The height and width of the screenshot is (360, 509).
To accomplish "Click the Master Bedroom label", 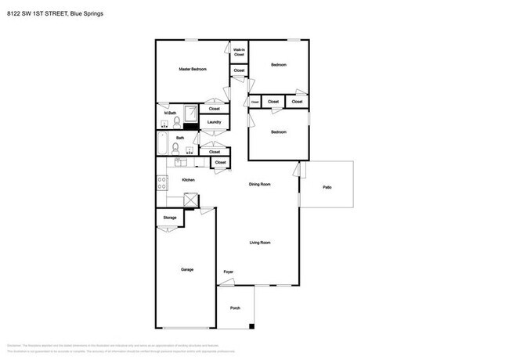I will click(x=193, y=70).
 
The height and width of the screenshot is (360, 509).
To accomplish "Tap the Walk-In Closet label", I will click(x=239, y=52).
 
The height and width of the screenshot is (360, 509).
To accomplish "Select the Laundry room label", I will click(x=214, y=122).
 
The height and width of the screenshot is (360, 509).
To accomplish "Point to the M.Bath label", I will click(x=168, y=113).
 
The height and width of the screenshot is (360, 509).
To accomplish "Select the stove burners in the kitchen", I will click(x=162, y=183).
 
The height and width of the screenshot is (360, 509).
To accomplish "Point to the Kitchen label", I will click(x=188, y=180).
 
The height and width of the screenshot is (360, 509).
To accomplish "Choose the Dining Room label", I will click(x=260, y=184).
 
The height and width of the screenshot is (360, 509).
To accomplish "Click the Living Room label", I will click(x=260, y=243).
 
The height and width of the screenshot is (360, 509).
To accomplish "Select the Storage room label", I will click(x=169, y=217).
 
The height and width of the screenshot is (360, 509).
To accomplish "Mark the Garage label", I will click(x=187, y=269).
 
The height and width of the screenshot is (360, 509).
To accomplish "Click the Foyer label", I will click(x=229, y=272).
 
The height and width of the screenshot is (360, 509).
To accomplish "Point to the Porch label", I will click(x=235, y=308).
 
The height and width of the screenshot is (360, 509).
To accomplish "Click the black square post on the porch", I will click(x=251, y=326).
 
